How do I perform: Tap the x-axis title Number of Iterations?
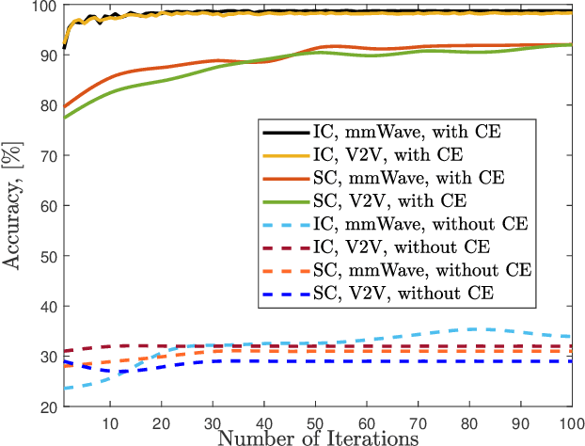(318, 437)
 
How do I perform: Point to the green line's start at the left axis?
(64, 118)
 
